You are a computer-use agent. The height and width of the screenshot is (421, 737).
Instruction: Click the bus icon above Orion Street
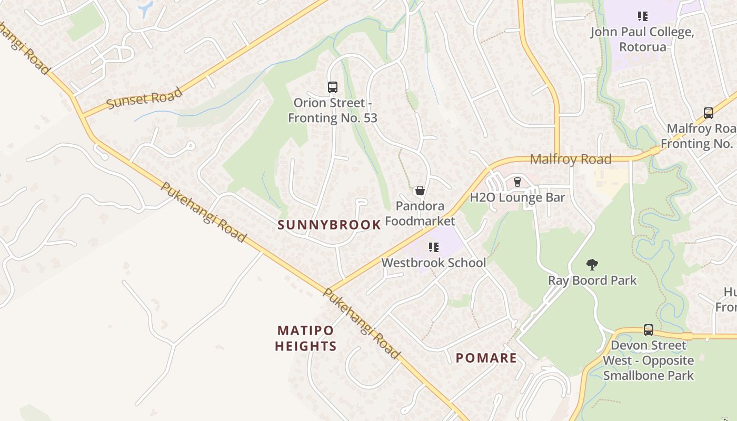click(x=332, y=87)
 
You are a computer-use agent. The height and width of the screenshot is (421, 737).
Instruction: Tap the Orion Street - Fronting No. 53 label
click(x=332, y=111)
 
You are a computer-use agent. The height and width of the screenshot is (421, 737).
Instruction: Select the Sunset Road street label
click(x=144, y=98)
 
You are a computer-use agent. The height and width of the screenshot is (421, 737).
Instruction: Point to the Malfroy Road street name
click(x=571, y=159)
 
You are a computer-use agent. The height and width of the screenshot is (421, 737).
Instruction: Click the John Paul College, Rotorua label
click(x=642, y=39)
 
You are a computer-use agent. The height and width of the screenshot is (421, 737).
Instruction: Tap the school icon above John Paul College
click(x=642, y=16)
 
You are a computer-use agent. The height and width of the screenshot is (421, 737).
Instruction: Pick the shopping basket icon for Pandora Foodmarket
click(x=420, y=191)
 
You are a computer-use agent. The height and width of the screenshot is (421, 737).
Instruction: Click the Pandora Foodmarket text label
click(x=420, y=213)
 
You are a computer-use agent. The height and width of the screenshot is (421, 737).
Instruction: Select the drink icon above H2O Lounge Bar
click(x=517, y=182)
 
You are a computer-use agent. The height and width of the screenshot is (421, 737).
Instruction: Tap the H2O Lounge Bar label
click(x=517, y=198)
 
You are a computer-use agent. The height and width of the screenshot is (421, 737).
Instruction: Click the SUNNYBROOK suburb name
click(x=329, y=225)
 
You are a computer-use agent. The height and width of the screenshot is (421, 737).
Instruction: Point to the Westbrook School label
click(x=433, y=263)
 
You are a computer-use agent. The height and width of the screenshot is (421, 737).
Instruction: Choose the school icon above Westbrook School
click(x=433, y=247)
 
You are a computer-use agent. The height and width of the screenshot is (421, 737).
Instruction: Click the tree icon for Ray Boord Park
click(x=592, y=264)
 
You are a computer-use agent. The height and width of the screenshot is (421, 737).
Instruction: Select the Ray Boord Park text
click(x=592, y=280)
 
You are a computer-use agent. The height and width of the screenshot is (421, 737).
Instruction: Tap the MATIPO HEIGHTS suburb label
click(x=306, y=338)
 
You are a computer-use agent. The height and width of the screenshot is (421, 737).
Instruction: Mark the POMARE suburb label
click(x=486, y=358)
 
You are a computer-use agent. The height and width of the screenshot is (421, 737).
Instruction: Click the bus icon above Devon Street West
click(x=648, y=330)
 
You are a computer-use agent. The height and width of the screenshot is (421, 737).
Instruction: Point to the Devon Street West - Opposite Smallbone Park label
click(x=648, y=360)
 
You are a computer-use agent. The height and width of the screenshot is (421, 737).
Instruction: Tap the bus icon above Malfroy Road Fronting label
click(x=708, y=113)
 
